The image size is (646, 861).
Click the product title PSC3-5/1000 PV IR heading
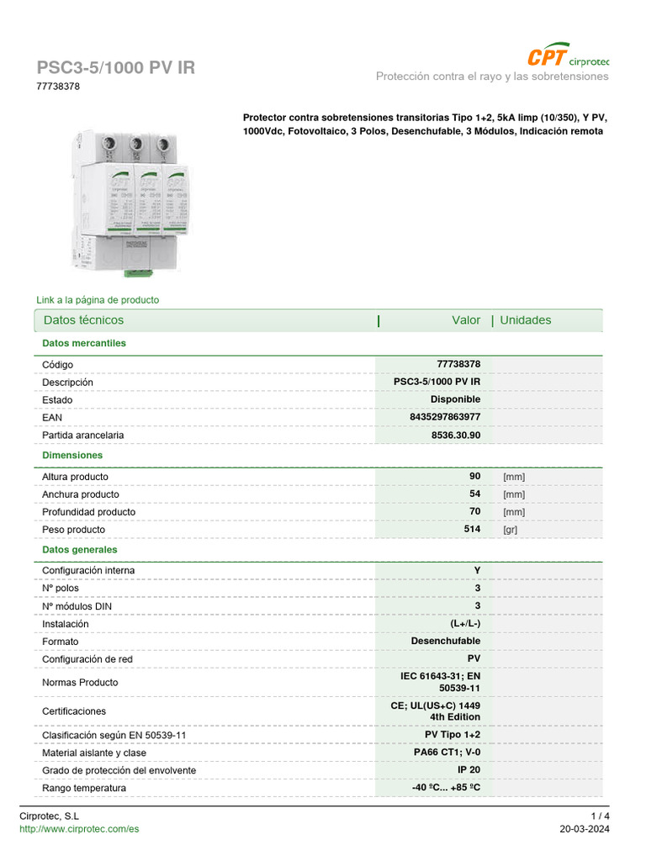[x=115, y=68]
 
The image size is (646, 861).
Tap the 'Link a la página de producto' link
[x=98, y=300]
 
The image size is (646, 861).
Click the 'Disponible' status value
[x=455, y=399]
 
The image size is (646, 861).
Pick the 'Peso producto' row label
[x=74, y=530]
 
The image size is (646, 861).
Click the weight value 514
[x=472, y=529]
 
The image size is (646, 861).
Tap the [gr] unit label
[x=511, y=530]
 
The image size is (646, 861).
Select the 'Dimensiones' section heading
[x=72, y=455]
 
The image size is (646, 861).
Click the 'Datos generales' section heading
[x=80, y=549]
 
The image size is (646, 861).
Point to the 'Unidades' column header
[x=526, y=320]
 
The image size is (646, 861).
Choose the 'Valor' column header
[x=466, y=320]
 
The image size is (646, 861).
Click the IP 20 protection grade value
[x=469, y=770]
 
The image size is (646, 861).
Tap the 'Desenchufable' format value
[x=445, y=641]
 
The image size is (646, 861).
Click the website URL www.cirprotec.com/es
[x=79, y=829]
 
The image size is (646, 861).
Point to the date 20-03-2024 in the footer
[x=585, y=829]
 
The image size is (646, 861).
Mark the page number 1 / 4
[x=600, y=816]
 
